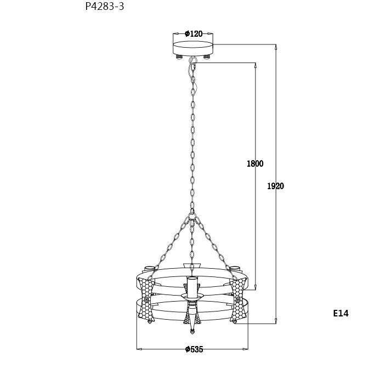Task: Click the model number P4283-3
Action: point(105,7)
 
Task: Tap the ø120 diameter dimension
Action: point(194,34)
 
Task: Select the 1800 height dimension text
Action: point(255,163)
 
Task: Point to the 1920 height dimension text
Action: point(275,186)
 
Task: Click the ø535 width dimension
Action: point(194,349)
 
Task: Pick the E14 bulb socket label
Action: point(341,313)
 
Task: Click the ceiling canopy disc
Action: point(193,48)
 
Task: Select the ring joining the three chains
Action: point(191,217)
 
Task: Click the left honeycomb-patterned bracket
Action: point(146,299)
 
